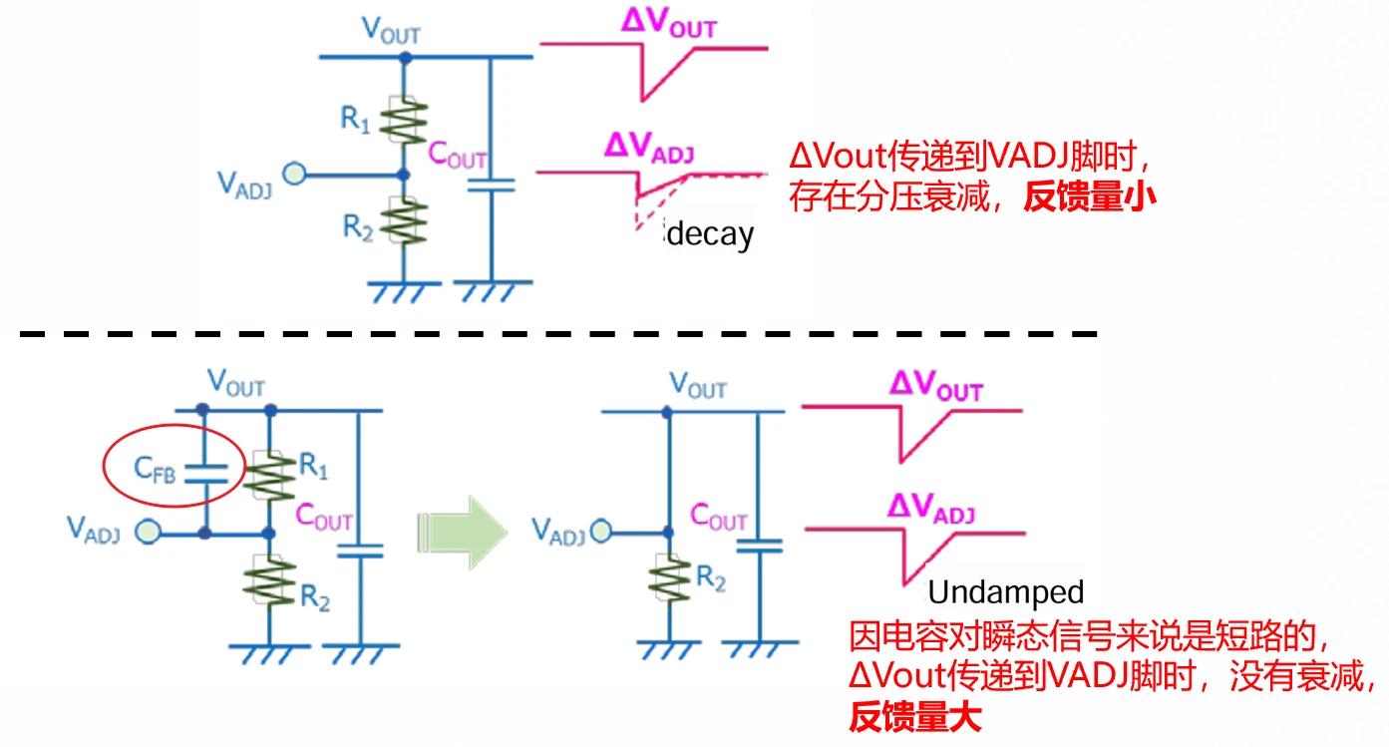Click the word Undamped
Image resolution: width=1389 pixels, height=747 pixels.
point(1005,592)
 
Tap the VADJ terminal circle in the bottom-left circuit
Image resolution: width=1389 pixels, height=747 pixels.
point(149,533)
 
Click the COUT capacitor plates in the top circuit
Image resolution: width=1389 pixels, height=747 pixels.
point(491,184)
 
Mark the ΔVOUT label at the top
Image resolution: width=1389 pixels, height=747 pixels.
point(668,24)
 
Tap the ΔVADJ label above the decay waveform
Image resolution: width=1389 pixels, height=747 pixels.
point(648,150)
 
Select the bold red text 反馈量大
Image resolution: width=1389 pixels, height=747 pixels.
point(915,716)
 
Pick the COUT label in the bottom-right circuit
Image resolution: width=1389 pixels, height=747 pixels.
point(718,519)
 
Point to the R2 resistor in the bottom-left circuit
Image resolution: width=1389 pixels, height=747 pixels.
point(269,582)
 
